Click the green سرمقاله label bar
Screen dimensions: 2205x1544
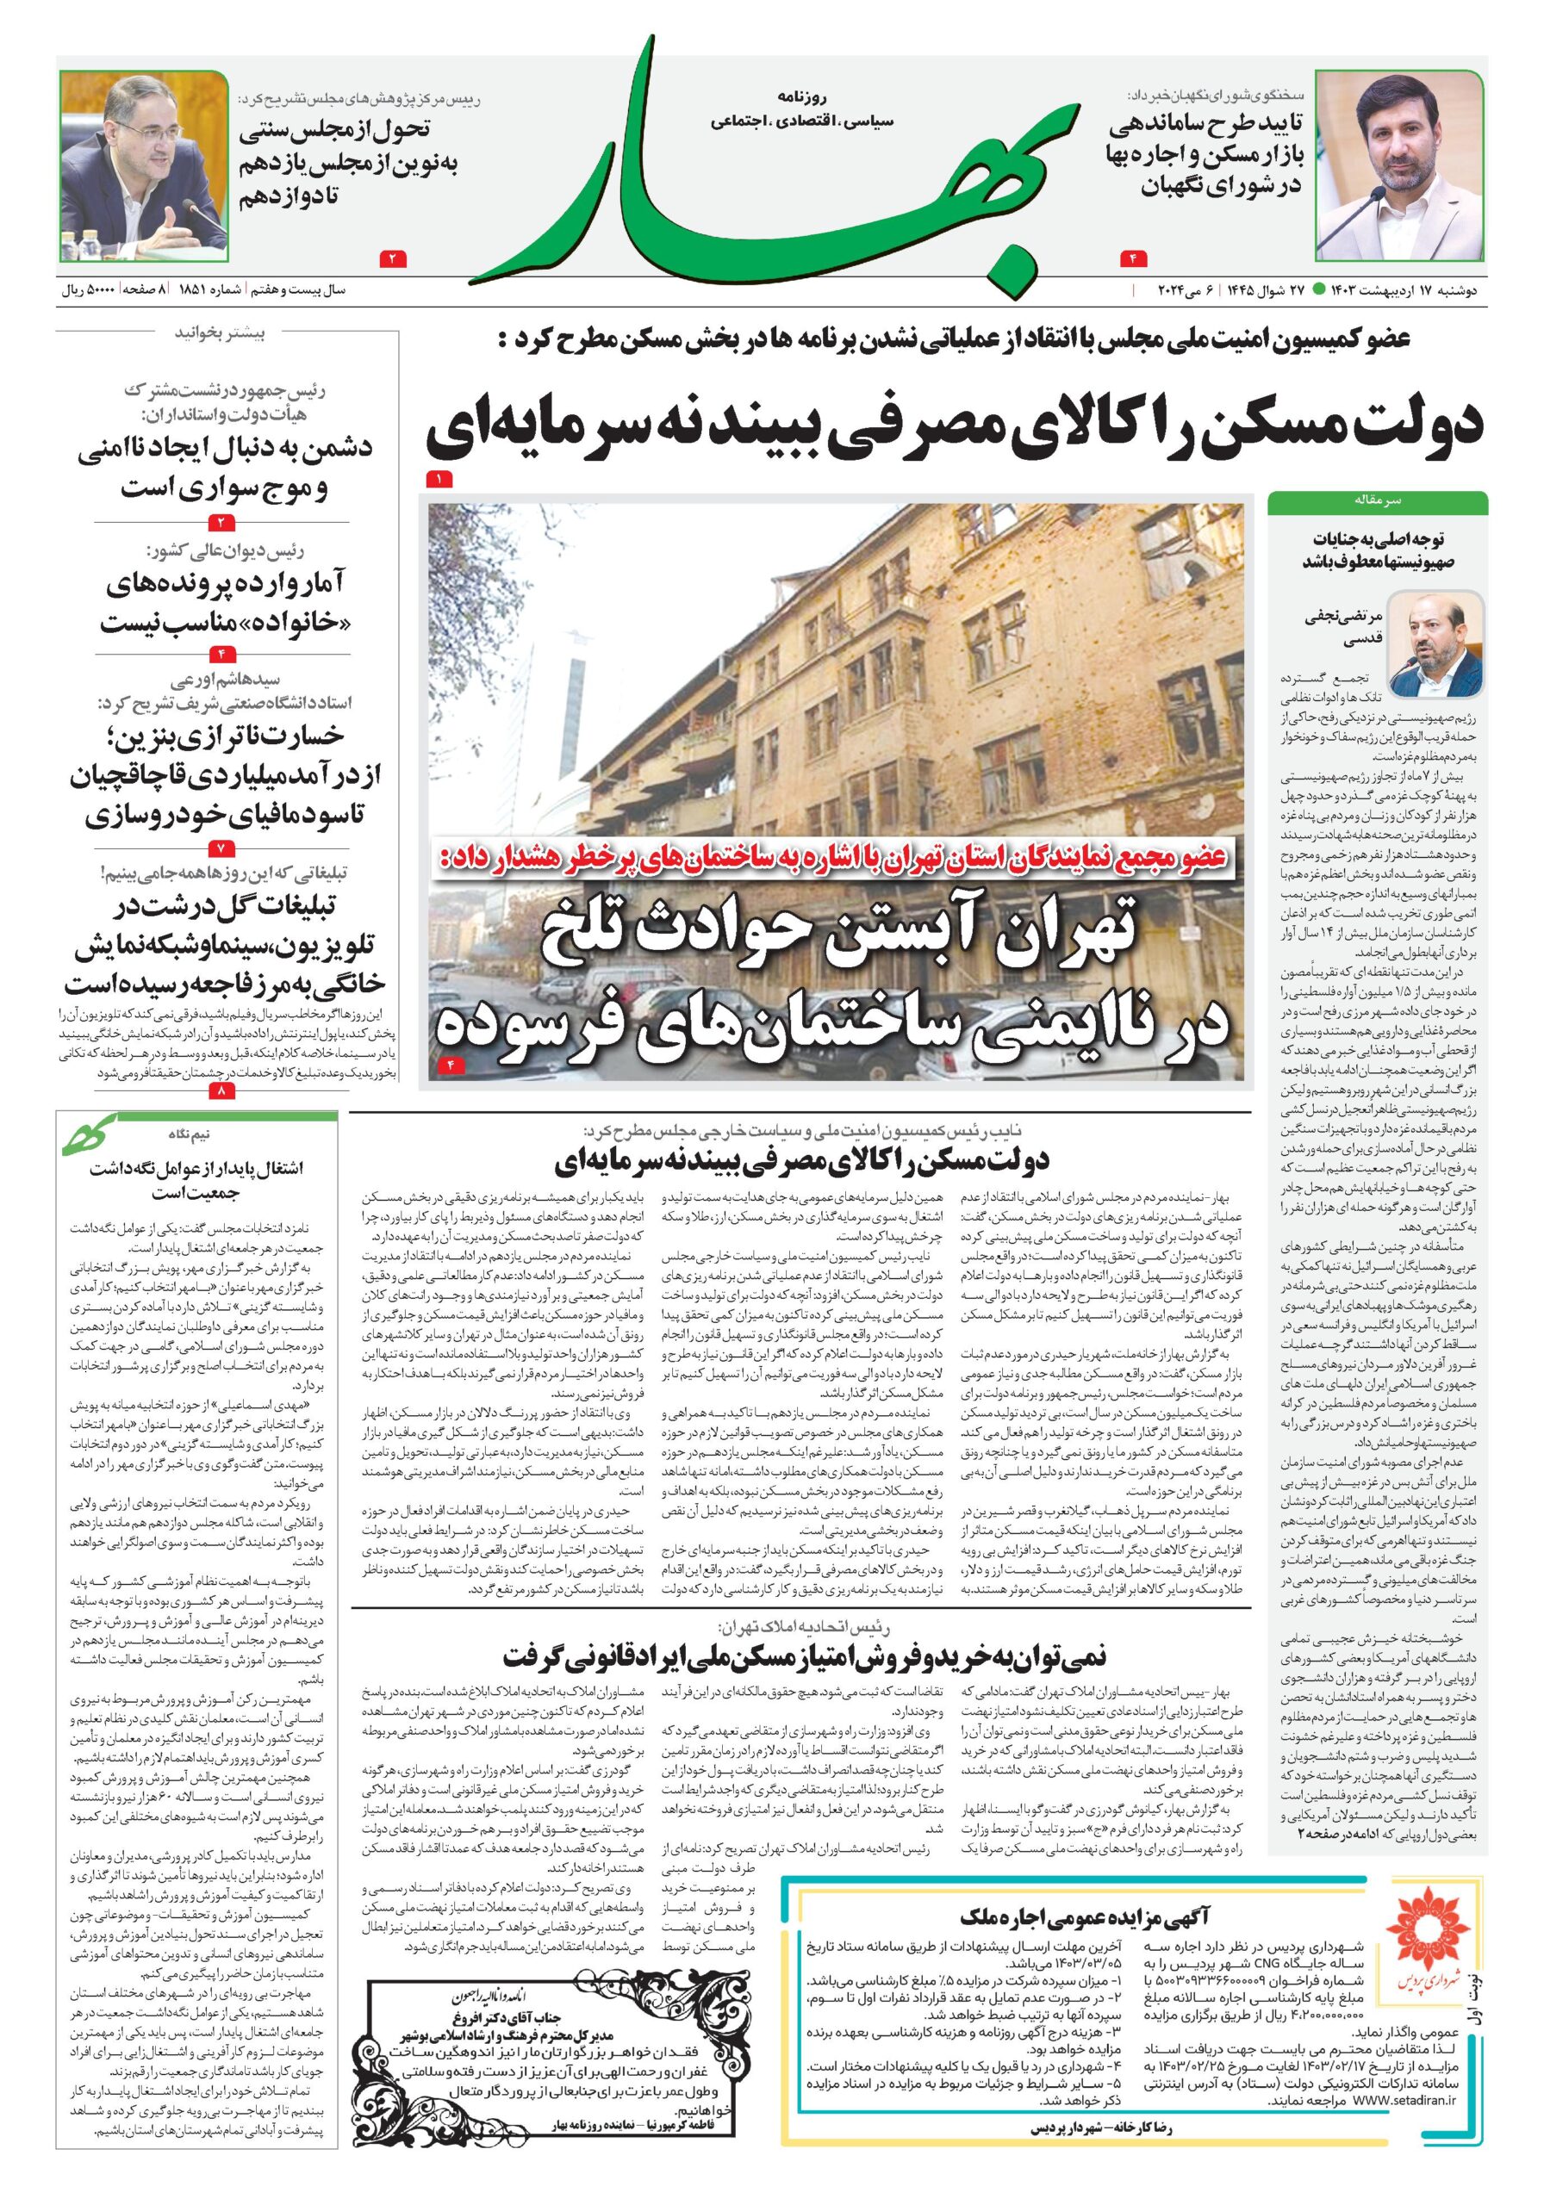click(x=1377, y=501)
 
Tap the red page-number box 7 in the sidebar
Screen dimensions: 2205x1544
click(x=219, y=849)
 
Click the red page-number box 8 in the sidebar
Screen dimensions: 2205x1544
click(x=219, y=1092)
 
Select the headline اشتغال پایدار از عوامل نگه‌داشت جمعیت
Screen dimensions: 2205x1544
click(x=195, y=1180)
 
